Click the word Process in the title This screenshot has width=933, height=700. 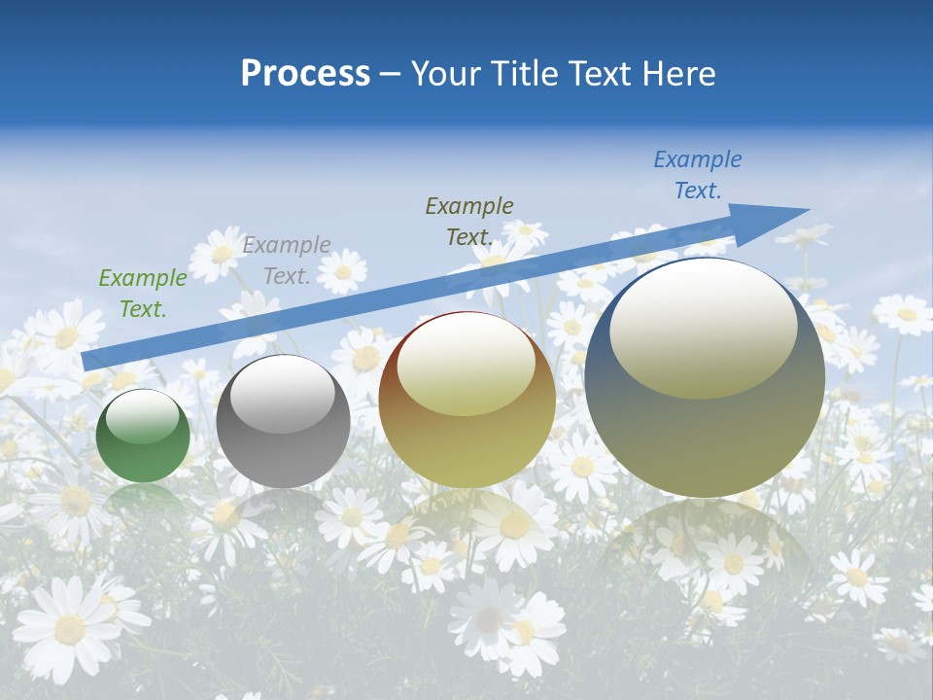[305, 74]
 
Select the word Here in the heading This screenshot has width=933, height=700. [677, 74]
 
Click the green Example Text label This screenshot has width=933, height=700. [143, 294]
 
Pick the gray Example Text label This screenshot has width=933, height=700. [287, 261]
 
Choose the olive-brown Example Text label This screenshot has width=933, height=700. [469, 221]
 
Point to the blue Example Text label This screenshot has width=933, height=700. [698, 175]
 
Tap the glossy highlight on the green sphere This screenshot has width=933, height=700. [142, 416]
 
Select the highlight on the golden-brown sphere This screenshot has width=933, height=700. [466, 364]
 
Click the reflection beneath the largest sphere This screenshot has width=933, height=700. [705, 544]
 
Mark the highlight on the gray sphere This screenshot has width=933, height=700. [282, 394]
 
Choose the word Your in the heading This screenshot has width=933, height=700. [446, 74]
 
